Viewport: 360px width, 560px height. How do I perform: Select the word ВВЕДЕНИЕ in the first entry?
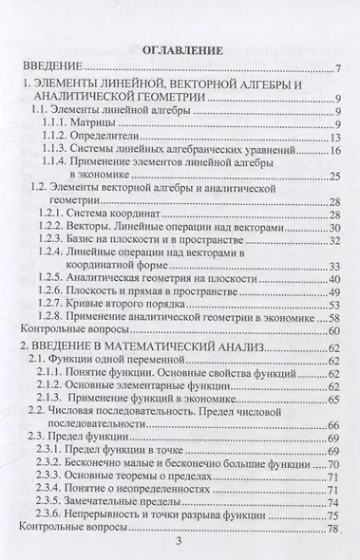(x=55, y=68)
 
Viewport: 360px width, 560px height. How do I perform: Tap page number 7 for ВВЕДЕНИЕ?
(x=337, y=68)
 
